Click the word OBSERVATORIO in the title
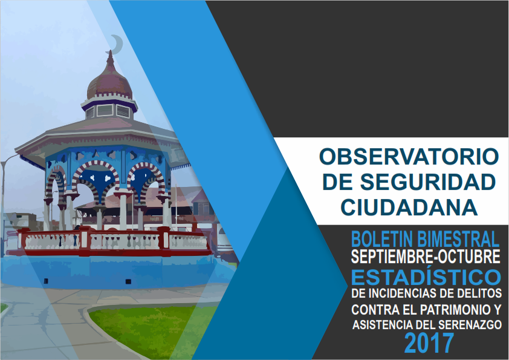409,157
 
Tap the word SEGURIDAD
428,182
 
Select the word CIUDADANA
409,208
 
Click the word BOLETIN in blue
382,239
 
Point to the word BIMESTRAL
458,239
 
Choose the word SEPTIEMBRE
392,257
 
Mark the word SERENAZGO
470,324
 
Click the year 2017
429,343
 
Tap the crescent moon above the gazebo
117,44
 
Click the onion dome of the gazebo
110,83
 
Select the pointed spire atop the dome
111,59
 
